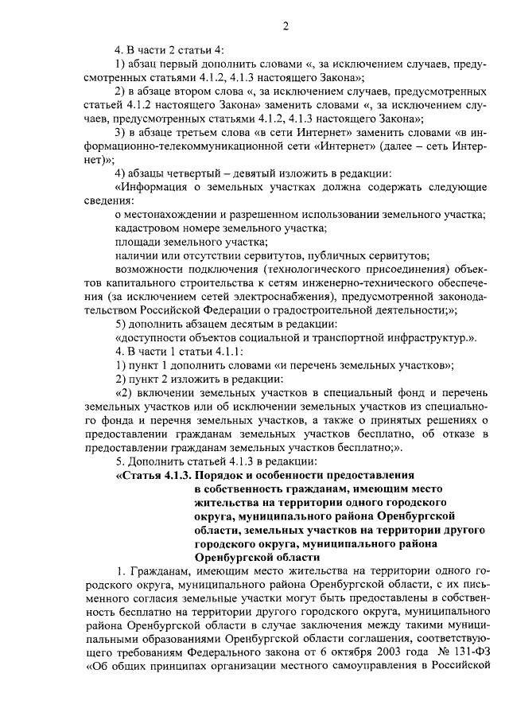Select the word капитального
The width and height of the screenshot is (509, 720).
[x=122, y=282]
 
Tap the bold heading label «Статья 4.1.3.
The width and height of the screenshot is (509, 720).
[x=152, y=476]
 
